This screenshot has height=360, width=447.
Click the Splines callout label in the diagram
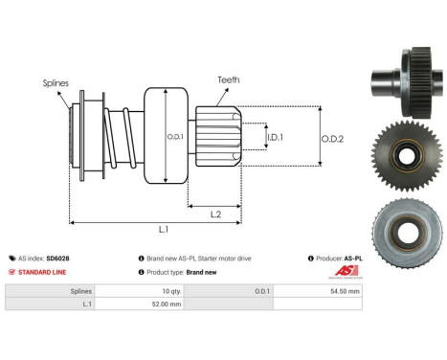(56, 83)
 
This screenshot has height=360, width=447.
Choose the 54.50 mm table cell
(346, 290)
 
